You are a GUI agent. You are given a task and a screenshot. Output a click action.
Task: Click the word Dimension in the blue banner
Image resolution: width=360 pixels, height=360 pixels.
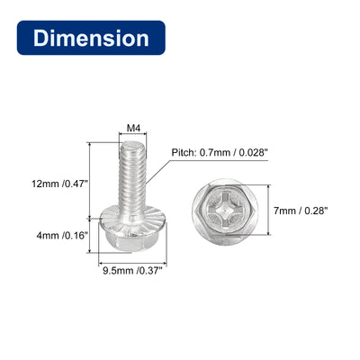(x=91, y=38)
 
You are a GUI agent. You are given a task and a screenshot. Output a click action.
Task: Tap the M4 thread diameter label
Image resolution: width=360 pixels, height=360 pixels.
(x=133, y=129)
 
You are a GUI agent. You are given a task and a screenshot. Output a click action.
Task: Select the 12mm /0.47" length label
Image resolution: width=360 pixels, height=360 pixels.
(x=59, y=184)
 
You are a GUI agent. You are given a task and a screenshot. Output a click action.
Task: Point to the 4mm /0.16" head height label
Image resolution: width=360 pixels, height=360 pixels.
(x=62, y=236)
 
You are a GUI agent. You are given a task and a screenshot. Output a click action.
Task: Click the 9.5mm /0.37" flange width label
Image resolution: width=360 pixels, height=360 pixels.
(x=132, y=271)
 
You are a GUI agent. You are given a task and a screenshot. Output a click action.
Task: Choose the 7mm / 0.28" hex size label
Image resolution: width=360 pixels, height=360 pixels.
(x=300, y=211)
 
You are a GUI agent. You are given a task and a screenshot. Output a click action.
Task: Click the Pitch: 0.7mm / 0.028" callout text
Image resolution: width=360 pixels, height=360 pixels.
(x=220, y=152)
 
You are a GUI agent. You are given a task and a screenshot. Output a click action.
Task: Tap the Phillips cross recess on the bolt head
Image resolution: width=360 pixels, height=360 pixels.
(x=226, y=211)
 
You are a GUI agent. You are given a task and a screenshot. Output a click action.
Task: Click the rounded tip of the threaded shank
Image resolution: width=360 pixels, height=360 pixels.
(x=133, y=146)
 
